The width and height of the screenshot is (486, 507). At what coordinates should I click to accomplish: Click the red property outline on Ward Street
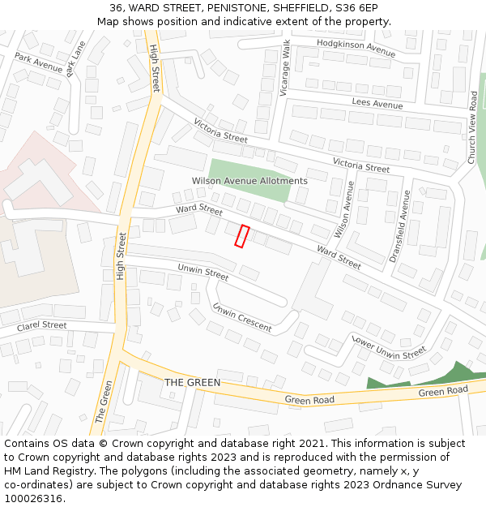241,235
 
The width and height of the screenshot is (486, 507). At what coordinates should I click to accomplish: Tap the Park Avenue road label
38,64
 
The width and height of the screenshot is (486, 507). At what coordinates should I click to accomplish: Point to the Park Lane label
76,58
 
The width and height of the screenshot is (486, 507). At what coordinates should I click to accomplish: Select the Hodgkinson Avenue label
356,48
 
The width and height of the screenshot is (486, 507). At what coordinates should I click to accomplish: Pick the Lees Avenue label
377,104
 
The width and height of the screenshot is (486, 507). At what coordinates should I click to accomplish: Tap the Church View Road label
472,127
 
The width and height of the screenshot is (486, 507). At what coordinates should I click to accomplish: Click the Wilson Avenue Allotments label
249,181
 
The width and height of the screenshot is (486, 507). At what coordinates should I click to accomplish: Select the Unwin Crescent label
241,317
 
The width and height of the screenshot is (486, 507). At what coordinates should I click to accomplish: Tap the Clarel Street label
42,326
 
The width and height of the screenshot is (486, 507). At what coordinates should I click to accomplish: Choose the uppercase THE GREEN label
192,382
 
